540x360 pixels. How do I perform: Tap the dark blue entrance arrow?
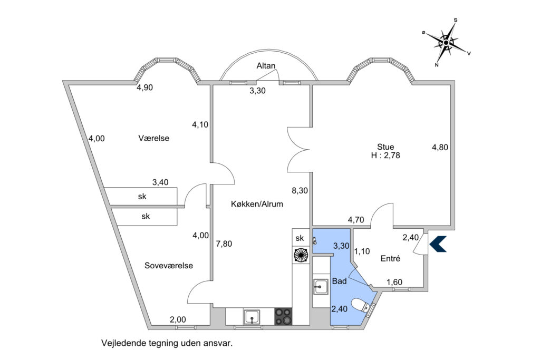(438, 244)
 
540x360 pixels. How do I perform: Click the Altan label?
(266, 66)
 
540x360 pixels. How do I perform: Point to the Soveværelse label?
(169, 266)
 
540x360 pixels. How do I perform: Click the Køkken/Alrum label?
(254, 204)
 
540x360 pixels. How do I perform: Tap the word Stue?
(385, 147)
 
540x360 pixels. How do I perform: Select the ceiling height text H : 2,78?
(385, 155)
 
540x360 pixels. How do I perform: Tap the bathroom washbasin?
(321, 287)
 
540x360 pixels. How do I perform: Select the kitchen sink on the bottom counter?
(251, 316)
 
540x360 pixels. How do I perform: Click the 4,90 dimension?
(144, 88)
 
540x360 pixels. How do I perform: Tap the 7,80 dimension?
(224, 244)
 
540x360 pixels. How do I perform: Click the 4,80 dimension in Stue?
(440, 148)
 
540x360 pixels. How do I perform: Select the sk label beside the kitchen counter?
(300, 238)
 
